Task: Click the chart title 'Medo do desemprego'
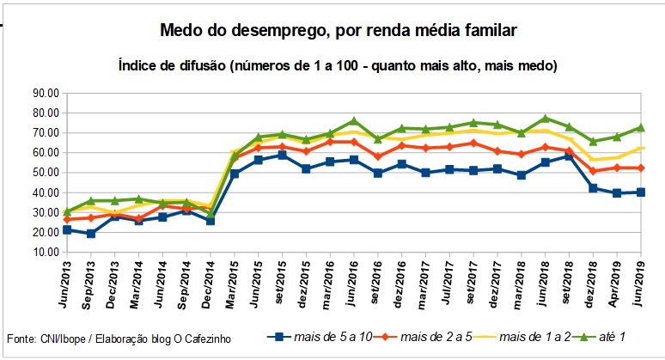pos(339,32)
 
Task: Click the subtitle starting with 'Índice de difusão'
pos(339,65)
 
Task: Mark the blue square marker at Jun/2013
pos(67,230)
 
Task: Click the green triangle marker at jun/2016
pos(353,121)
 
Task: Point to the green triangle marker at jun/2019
pos(640,128)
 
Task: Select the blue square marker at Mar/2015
pos(235,174)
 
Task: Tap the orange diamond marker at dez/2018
pos(593,171)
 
